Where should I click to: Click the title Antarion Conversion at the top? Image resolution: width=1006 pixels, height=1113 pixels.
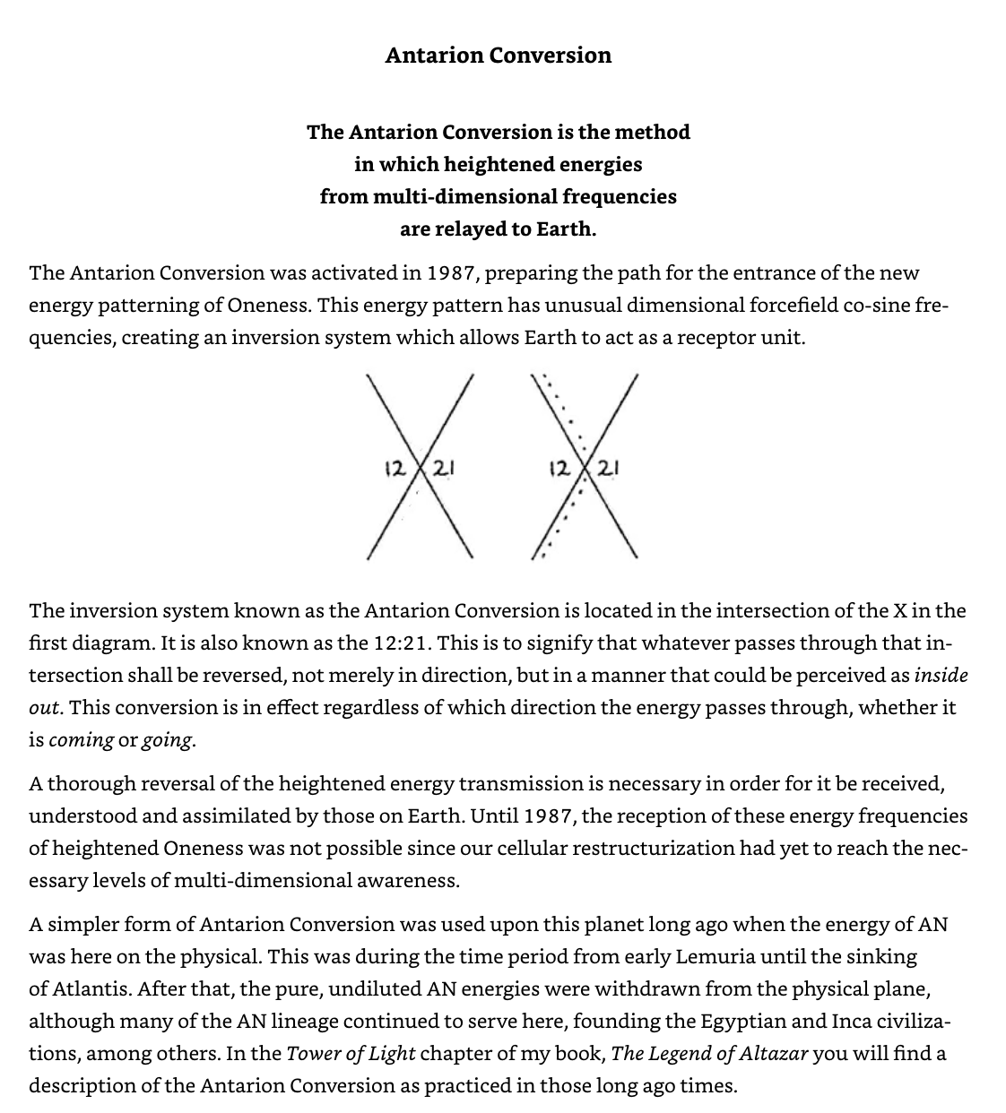[498, 56]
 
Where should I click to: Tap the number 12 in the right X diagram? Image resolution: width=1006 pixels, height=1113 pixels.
[558, 467]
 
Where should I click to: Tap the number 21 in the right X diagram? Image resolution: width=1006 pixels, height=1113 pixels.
[610, 467]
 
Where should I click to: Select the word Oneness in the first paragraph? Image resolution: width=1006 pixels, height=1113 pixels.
[269, 305]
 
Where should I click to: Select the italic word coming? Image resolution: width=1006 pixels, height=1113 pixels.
[81, 740]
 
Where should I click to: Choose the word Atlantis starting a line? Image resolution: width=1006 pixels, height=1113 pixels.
[91, 988]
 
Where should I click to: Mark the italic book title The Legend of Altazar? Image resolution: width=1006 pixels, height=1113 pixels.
[710, 1053]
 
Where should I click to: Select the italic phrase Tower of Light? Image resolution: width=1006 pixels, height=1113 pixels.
[351, 1053]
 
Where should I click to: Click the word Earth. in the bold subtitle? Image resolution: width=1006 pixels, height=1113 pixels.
[566, 229]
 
